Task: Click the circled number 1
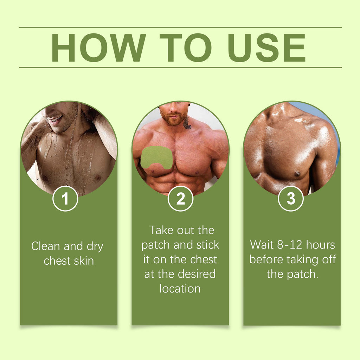point(65,199)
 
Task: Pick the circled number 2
point(181,199)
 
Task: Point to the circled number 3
point(291,199)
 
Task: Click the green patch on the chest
point(156,157)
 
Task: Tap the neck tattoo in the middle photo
point(187,123)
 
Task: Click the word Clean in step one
point(47,246)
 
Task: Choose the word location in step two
point(180,289)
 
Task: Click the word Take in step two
point(161,230)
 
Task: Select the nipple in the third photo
point(297,174)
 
